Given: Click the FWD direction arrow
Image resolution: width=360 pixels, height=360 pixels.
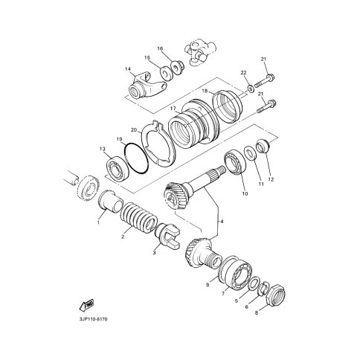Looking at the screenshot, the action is pyautogui.click(x=86, y=305).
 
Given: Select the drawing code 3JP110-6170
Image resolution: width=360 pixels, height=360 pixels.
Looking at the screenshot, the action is pyautogui.click(x=93, y=319).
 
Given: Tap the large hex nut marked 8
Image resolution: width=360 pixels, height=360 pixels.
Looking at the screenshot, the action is pyautogui.click(x=275, y=296).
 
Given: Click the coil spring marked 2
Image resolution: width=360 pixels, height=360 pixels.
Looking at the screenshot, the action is pyautogui.click(x=139, y=217).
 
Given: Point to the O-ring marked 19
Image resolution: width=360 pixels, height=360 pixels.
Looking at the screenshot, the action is pyautogui.click(x=136, y=158).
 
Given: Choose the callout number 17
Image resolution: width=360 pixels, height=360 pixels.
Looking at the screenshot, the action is pyautogui.click(x=173, y=109).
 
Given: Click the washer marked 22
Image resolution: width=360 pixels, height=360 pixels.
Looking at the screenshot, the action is pyautogui.click(x=250, y=89).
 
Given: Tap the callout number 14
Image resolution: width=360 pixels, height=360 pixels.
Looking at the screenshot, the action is pyautogui.click(x=128, y=68).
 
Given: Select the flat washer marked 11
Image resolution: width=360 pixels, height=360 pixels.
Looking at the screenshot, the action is pyautogui.click(x=250, y=154).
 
